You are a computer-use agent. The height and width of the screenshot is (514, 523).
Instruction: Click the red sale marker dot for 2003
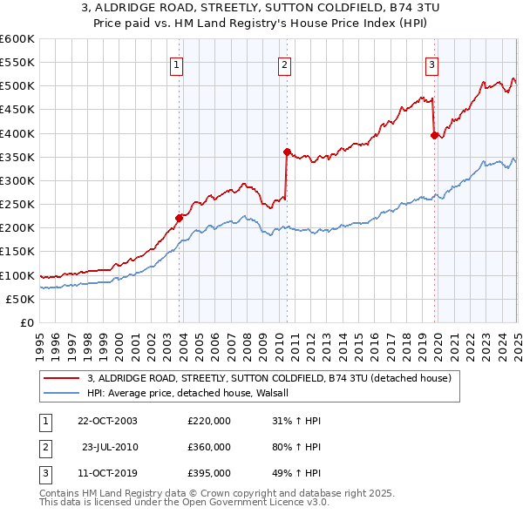coord(180,218)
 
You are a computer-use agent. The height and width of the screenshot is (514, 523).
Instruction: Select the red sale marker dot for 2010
coord(287,152)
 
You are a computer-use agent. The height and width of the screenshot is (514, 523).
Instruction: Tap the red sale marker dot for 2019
coord(434,135)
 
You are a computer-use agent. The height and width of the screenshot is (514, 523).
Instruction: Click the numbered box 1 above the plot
coord(176,63)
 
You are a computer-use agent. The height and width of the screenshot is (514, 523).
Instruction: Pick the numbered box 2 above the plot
coord(285,63)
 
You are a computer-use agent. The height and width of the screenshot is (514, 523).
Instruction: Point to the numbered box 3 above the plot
coord(431,63)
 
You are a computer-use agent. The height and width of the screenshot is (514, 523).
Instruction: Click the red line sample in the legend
coord(60,378)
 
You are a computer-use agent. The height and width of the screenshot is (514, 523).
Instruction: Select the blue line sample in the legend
coord(60,393)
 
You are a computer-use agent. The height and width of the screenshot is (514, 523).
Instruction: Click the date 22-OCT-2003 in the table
coord(107,420)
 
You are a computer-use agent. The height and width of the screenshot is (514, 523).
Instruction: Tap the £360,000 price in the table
coord(209,446)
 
